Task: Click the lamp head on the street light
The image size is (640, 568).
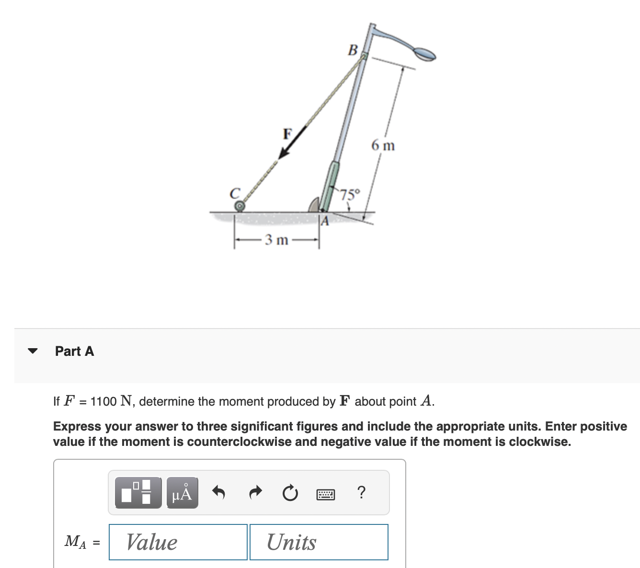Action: coord(423,53)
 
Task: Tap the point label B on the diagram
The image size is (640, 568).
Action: coord(353,50)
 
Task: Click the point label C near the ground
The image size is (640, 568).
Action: coord(235,193)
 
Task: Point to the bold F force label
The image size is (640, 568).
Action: coord(287,134)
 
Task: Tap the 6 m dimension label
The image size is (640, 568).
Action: coord(383,145)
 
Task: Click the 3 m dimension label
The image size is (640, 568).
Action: coord(277,239)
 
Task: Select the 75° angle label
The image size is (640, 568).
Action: coord(350,194)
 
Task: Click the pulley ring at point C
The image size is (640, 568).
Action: coord(240,206)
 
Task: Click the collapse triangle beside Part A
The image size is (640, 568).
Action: coord(33,351)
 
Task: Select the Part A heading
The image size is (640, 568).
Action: coord(74,351)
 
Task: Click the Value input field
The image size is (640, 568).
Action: coord(178,542)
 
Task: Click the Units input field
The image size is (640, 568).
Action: coord(319,542)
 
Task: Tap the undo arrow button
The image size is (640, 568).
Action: coord(218,492)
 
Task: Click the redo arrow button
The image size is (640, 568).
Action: coord(256,492)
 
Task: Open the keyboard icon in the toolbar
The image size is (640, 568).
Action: coord(326,494)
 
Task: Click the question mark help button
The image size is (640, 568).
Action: coord(362,492)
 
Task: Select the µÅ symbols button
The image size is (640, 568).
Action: coord(182,493)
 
